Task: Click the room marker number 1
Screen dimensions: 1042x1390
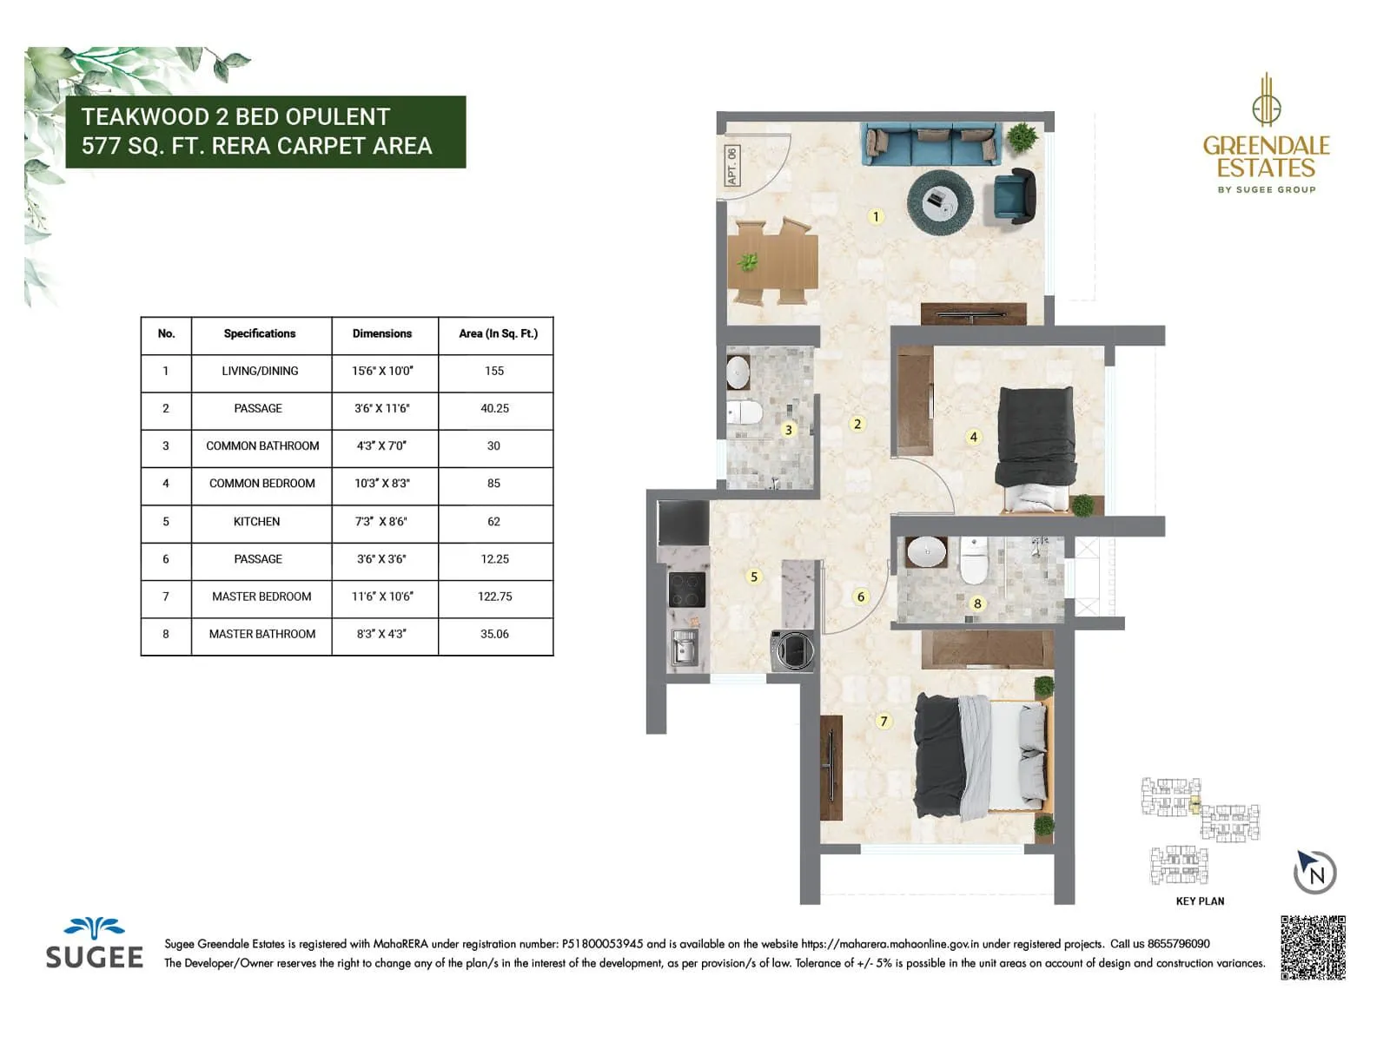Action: (x=876, y=216)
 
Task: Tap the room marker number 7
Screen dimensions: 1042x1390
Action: (x=884, y=721)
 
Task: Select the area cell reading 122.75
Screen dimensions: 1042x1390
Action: (x=494, y=597)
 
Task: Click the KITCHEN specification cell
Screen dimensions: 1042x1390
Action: (x=257, y=522)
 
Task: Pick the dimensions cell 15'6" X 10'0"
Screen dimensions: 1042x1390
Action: (x=382, y=371)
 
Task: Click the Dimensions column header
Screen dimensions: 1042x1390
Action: (x=382, y=333)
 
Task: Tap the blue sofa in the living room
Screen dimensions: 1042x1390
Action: (x=930, y=144)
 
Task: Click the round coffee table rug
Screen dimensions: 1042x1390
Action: (x=939, y=202)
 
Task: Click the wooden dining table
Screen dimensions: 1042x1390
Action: (x=773, y=261)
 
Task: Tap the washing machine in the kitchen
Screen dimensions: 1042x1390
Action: (x=792, y=650)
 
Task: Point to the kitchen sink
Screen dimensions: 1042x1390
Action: (x=684, y=648)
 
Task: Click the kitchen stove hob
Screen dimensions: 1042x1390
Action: (x=686, y=590)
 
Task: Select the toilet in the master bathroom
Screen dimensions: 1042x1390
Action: (x=974, y=560)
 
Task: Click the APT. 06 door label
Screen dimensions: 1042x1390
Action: (x=731, y=166)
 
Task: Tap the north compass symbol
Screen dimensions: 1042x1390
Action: (x=1315, y=872)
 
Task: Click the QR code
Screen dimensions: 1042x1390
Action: (x=1313, y=947)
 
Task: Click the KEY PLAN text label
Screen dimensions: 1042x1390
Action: (x=1200, y=901)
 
